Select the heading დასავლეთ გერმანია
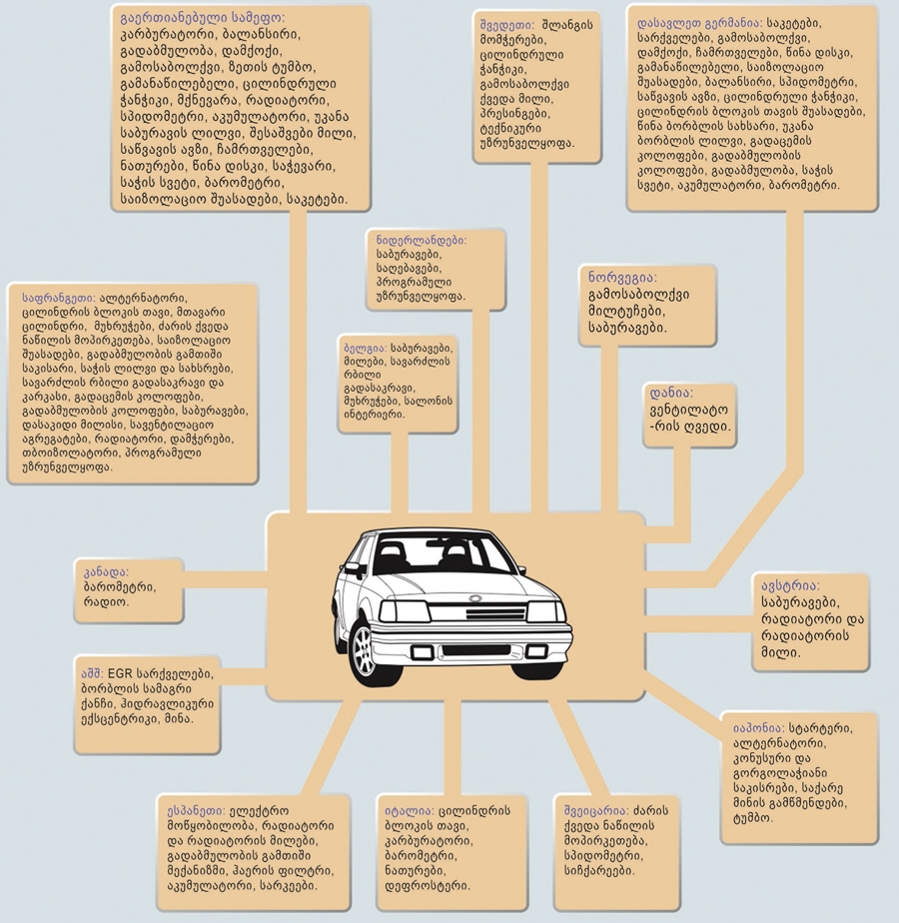coord(699,24)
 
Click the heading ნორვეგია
coord(622,278)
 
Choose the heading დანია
coord(671,393)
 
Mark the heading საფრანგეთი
coord(59,298)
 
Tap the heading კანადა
coord(106,572)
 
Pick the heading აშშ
coord(93,674)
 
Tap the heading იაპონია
coord(759,729)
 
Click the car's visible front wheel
coord(364,649)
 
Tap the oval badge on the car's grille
coord(475,598)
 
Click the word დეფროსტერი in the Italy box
coord(428,886)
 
